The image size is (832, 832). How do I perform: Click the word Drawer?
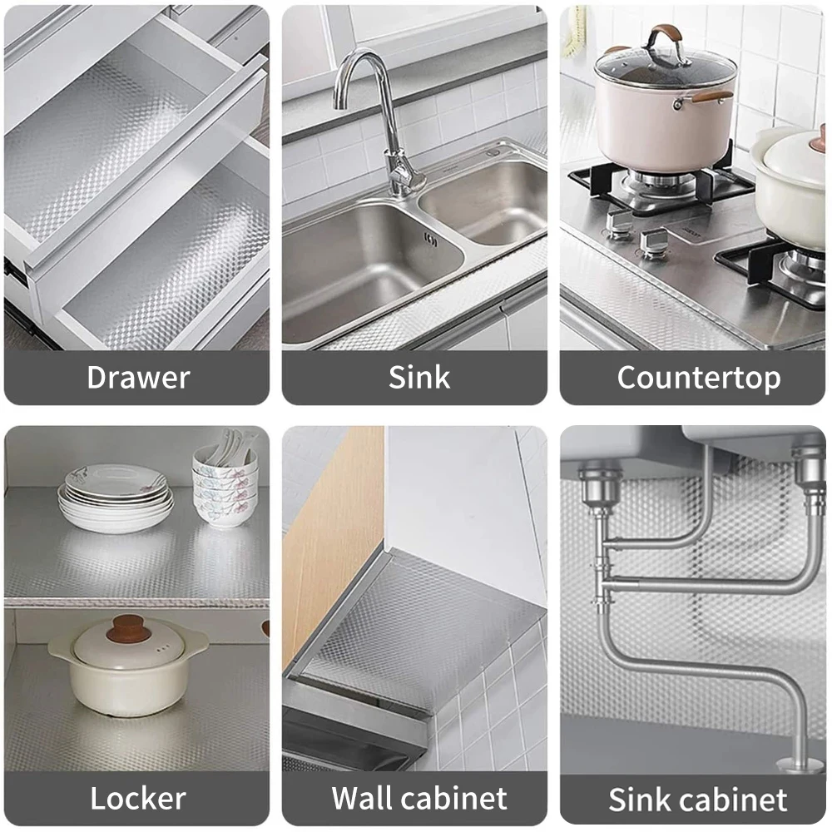point(138,378)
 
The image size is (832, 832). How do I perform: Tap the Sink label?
point(418,378)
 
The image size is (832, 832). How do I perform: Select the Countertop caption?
point(698,378)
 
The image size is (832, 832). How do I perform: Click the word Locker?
point(137,799)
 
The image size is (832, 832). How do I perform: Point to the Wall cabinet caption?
point(418,799)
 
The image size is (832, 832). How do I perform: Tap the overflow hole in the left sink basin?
point(430,240)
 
